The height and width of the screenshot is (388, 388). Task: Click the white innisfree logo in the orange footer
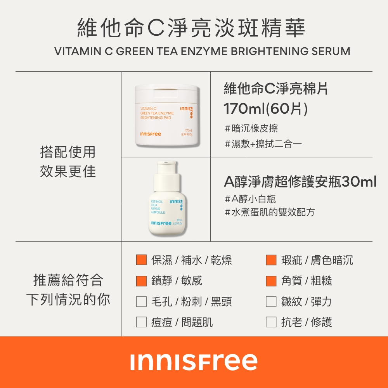(x=194, y=362)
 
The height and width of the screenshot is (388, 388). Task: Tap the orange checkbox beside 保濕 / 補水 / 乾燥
(x=141, y=260)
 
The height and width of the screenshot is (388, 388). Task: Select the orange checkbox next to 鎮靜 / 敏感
(x=141, y=281)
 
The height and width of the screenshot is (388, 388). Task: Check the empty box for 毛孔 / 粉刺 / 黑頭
(x=141, y=301)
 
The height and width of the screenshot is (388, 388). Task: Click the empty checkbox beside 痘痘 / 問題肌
(x=141, y=322)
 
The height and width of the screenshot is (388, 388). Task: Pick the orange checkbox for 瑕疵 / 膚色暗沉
(x=271, y=260)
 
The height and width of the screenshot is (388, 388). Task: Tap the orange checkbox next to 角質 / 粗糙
(x=271, y=281)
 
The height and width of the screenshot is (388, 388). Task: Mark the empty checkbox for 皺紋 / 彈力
(x=271, y=301)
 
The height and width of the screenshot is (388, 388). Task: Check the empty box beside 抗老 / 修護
(x=271, y=322)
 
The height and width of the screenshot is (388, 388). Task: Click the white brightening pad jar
(x=167, y=115)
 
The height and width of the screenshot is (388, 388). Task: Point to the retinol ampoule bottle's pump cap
(x=166, y=176)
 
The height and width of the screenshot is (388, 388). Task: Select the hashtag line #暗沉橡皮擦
(x=251, y=128)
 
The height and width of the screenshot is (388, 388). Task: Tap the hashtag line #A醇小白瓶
(x=250, y=199)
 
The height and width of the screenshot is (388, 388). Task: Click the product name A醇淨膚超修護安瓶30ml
(x=300, y=182)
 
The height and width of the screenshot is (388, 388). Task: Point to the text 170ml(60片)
(x=265, y=109)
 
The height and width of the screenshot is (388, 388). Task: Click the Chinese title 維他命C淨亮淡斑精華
(x=191, y=28)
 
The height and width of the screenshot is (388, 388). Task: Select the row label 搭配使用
(x=68, y=152)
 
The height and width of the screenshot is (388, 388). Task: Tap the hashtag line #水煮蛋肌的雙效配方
(x=270, y=212)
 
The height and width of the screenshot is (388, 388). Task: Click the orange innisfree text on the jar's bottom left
(x=151, y=134)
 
